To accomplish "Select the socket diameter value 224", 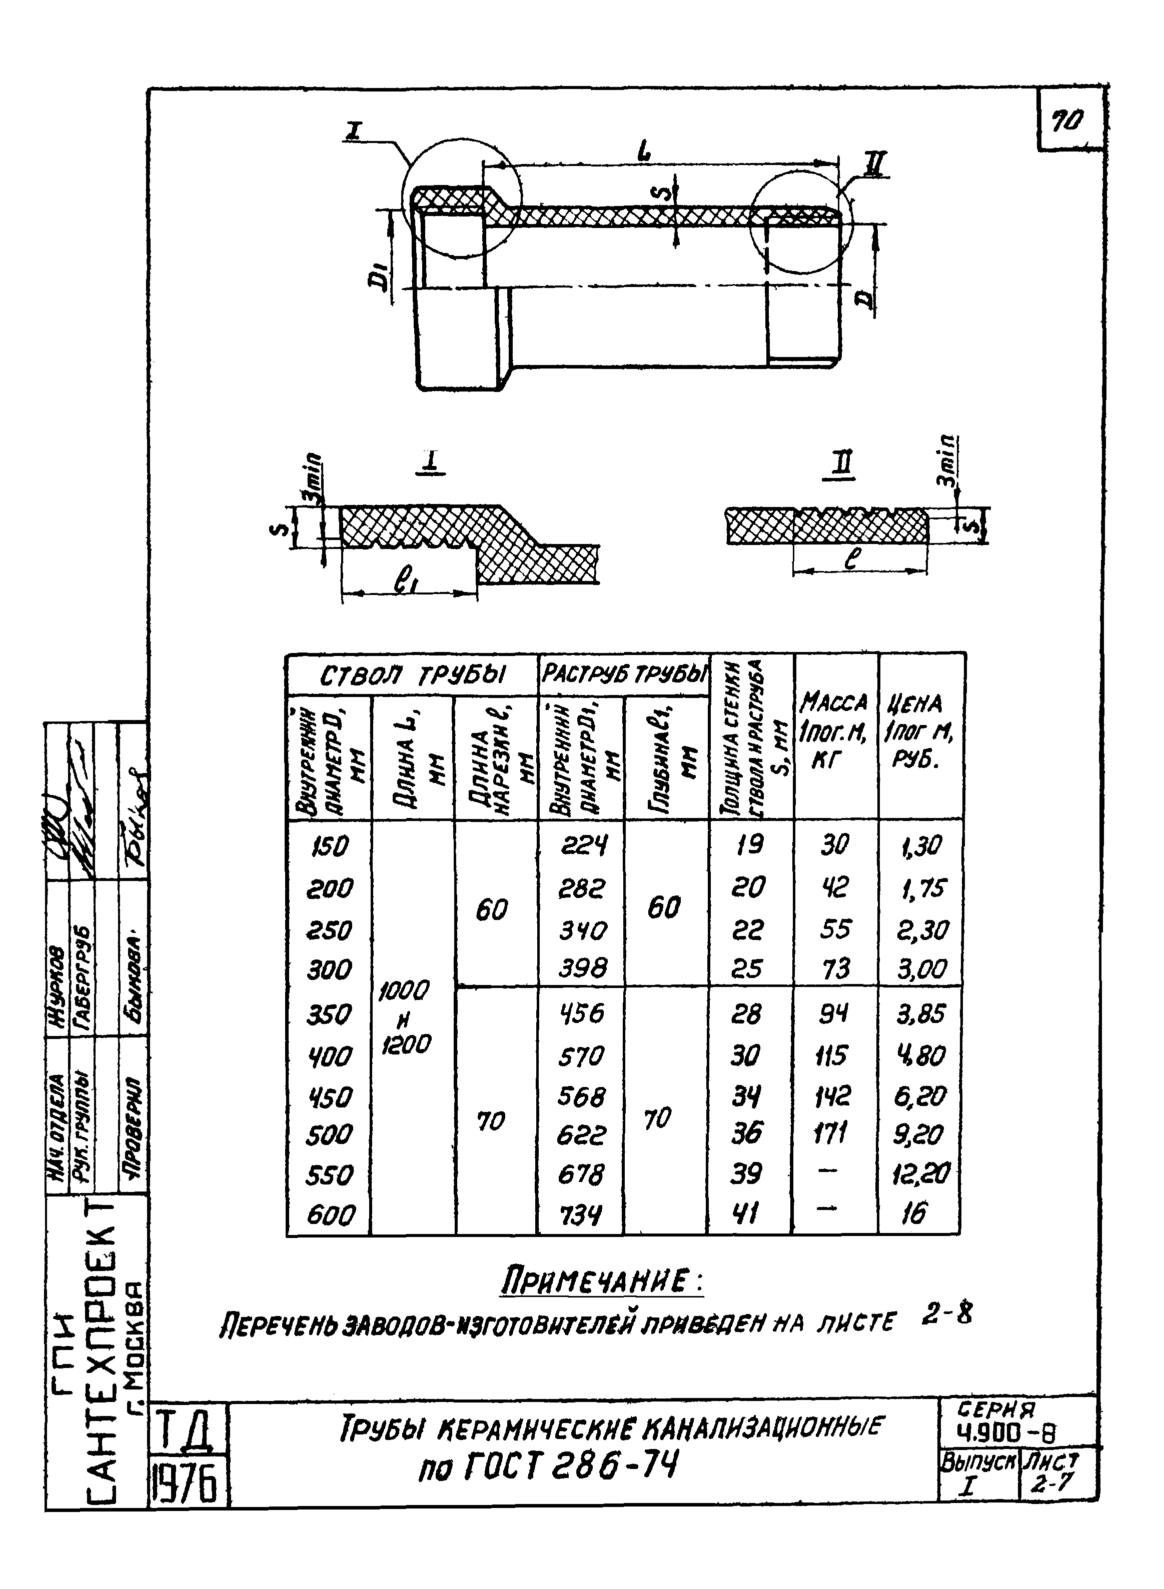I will [582, 844].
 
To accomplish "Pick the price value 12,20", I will [921, 1172].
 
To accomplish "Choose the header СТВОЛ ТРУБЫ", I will [412, 676].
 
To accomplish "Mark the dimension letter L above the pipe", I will [643, 149].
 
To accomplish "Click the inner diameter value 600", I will [330, 1214].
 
